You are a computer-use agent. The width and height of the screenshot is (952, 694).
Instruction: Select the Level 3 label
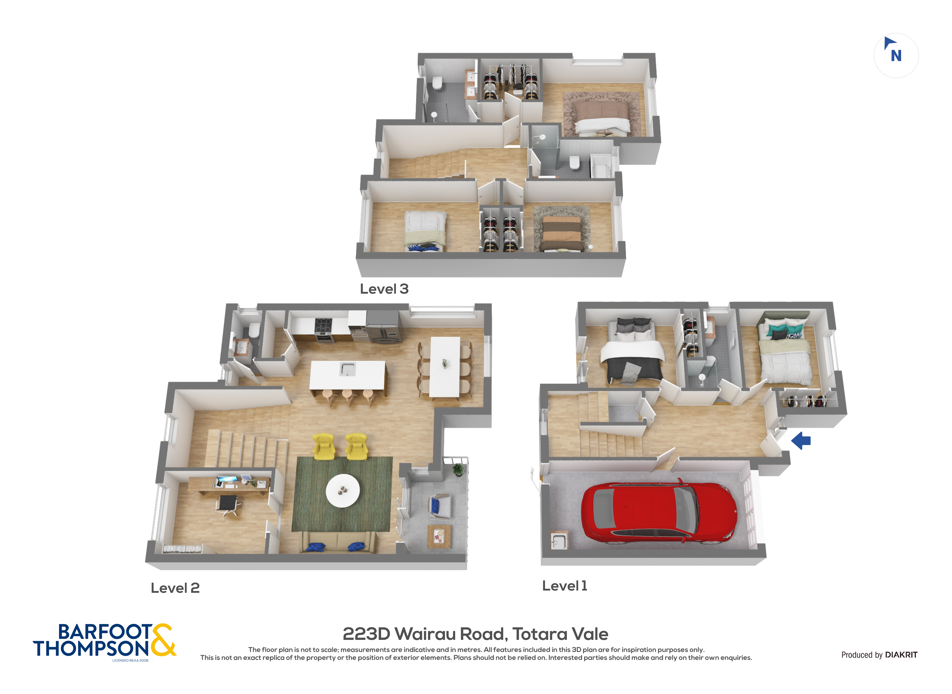coord(384,289)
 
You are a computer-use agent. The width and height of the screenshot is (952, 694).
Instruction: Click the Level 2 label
coord(175,588)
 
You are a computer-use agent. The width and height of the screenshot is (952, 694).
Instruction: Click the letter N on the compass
coord(896,56)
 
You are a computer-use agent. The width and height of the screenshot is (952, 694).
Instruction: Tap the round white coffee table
coord(343,491)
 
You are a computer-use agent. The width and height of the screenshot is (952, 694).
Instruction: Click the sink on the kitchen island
coord(348,369)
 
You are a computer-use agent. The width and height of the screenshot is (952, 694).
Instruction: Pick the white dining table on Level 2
coord(445,367)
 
